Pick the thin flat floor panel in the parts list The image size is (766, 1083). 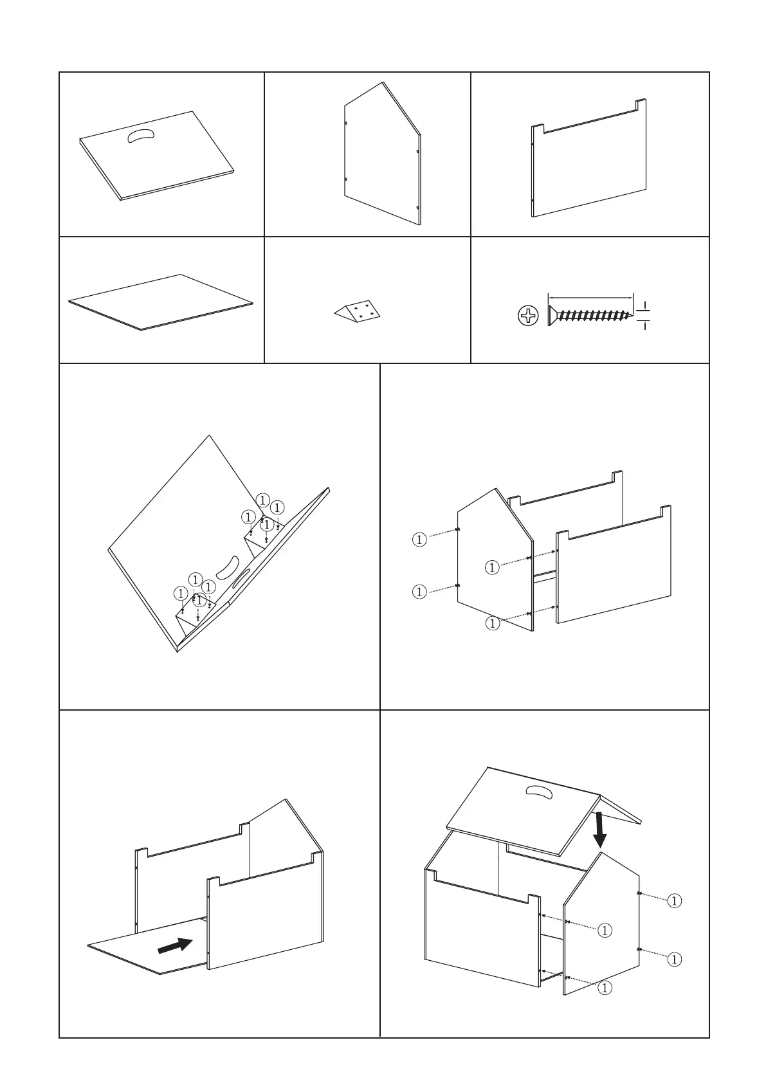click(x=161, y=302)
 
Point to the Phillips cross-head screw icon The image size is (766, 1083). click(x=528, y=316)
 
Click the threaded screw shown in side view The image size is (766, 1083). click(x=589, y=316)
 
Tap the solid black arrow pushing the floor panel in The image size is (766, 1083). click(x=175, y=945)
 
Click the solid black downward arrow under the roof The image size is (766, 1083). click(x=599, y=830)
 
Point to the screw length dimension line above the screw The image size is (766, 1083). click(x=590, y=297)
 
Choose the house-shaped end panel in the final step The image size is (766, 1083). click(x=601, y=926)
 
